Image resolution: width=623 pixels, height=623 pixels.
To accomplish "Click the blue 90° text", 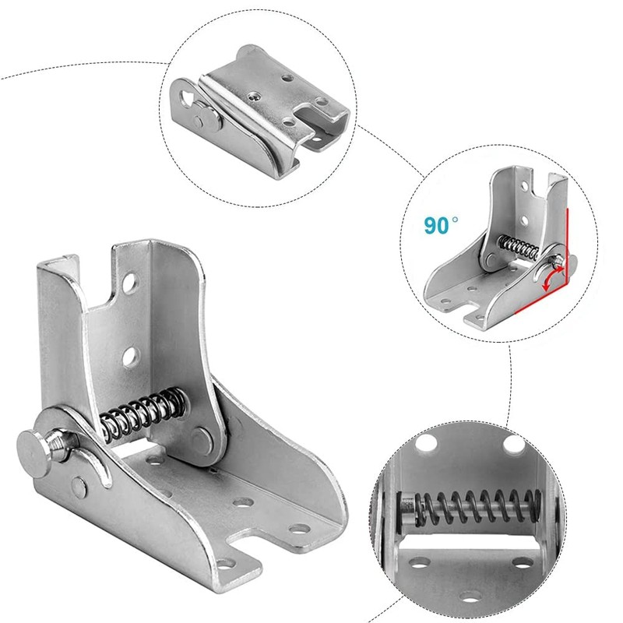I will click(442, 225).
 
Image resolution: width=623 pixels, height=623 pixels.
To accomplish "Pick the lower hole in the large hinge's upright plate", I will click(130, 358).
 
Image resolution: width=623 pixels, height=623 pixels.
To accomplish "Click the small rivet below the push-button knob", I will click(79, 487).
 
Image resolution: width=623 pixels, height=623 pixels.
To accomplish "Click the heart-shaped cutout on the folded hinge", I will click(186, 96).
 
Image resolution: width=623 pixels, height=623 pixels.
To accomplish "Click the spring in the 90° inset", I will click(516, 247).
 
